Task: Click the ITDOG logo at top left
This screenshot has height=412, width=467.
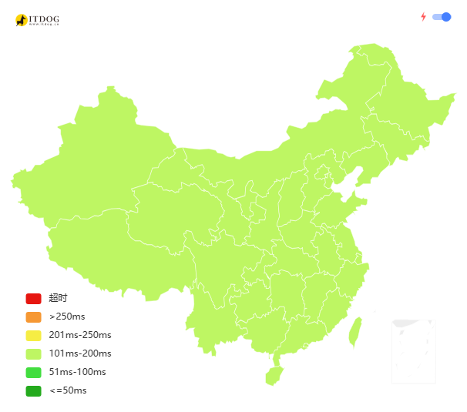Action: [x=36, y=20]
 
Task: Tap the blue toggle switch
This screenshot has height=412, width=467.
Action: [x=442, y=17]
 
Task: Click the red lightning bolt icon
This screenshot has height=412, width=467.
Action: [x=423, y=17]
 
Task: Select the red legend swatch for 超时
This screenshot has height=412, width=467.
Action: [x=33, y=299]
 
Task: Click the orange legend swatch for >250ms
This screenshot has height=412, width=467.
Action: [x=33, y=317]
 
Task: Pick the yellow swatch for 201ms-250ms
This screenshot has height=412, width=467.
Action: [x=33, y=336]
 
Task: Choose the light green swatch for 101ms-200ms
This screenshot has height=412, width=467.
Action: [x=33, y=354]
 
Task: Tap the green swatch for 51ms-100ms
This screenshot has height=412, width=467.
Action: [x=33, y=373]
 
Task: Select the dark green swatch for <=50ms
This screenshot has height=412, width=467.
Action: [x=33, y=391]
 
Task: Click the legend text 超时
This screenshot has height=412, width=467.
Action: [x=58, y=299]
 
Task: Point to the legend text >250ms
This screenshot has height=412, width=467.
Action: [x=67, y=317]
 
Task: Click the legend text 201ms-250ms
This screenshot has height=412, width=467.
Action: [x=80, y=336]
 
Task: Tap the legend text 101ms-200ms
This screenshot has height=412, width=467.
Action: [x=80, y=354]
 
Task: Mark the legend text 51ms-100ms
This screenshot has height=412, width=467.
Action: [x=77, y=373]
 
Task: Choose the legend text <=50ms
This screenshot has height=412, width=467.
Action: [x=68, y=391]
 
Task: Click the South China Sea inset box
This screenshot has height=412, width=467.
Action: [x=414, y=351]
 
